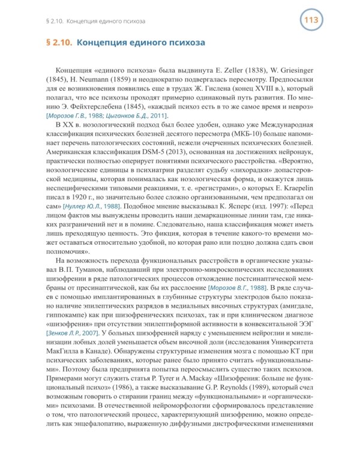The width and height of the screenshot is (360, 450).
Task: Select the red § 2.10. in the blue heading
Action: coord(59,43)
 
